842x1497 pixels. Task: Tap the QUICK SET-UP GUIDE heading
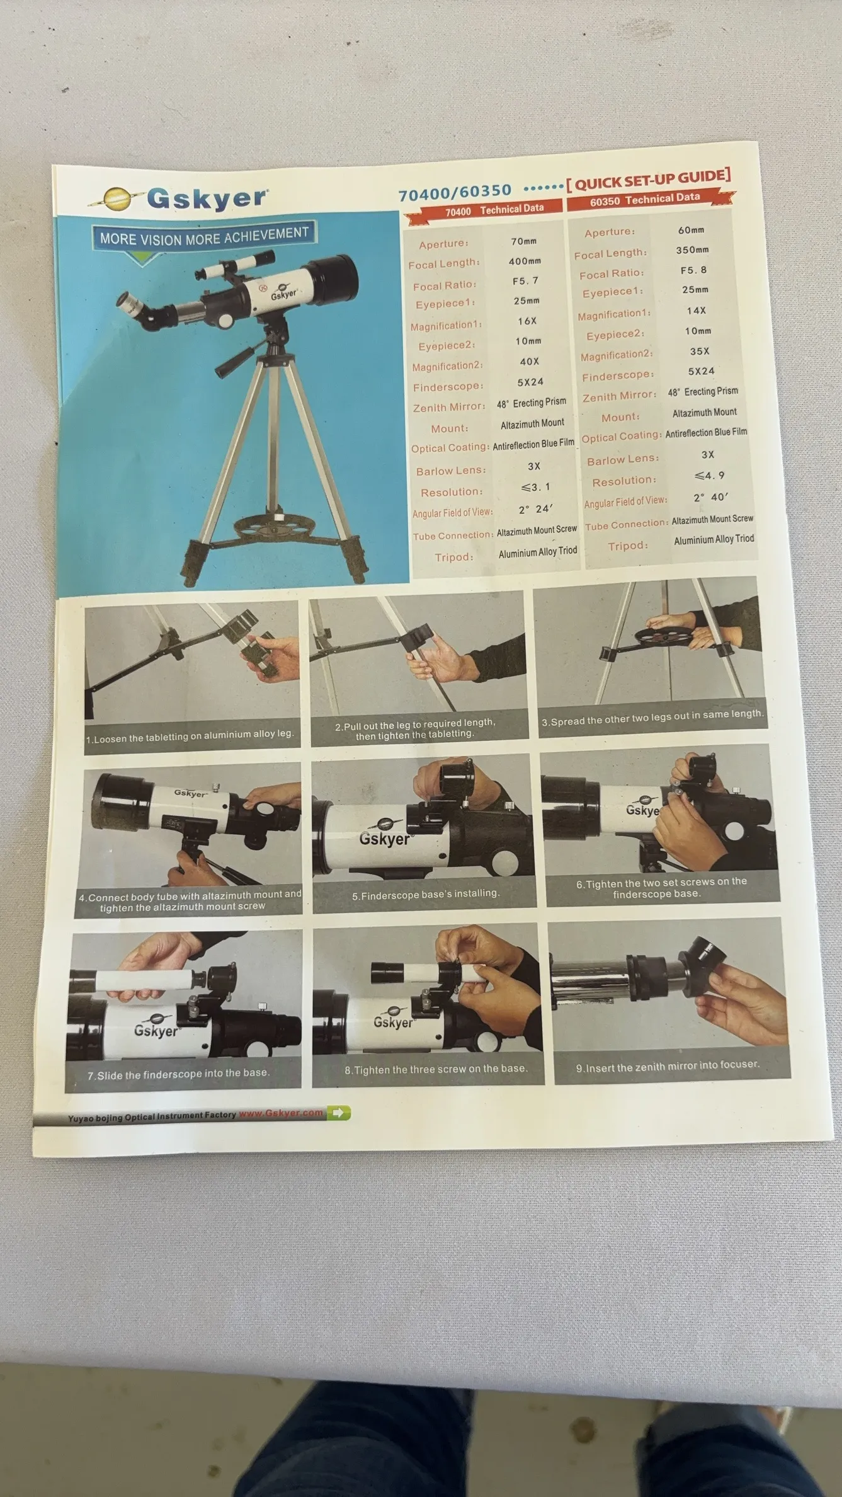649,180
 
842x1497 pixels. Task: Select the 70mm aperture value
523,241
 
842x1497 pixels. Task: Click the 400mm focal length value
525,261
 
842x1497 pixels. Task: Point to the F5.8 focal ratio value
693,270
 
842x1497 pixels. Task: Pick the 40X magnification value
529,361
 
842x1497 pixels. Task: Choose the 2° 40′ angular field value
710,497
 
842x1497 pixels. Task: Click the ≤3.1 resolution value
535,486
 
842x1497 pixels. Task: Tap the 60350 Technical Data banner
645,198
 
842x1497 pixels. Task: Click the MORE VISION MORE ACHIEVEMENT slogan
205,236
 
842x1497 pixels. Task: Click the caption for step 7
178,1074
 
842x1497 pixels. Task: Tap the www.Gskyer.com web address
281,1113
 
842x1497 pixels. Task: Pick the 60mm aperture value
691,230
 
